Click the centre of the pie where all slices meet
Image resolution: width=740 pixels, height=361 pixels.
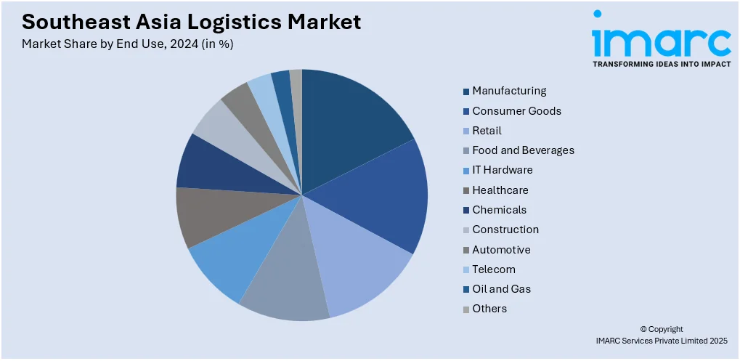(302, 195)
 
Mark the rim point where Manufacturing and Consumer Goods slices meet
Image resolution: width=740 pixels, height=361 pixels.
(414, 139)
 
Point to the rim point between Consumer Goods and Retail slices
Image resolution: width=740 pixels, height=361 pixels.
(413, 255)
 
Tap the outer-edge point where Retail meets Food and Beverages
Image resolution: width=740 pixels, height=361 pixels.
(330, 318)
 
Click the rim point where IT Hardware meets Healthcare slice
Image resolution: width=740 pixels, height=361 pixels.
(188, 248)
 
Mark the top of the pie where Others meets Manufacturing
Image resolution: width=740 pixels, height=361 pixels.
(302, 70)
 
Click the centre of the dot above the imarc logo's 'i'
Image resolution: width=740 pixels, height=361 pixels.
(598, 14)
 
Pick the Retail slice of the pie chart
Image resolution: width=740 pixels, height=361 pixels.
(359, 264)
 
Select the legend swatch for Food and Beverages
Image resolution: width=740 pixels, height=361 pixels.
(466, 151)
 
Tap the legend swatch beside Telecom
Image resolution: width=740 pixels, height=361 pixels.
(466, 270)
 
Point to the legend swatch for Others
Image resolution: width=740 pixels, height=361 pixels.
(466, 309)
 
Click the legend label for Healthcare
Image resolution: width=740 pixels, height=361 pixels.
(500, 190)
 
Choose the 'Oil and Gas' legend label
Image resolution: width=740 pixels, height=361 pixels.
(502, 289)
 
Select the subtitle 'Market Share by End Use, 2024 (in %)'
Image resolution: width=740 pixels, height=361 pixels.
(127, 44)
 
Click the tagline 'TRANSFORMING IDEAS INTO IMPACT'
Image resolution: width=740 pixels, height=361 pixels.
(662, 64)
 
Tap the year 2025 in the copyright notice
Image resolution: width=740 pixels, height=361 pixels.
(718, 340)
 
